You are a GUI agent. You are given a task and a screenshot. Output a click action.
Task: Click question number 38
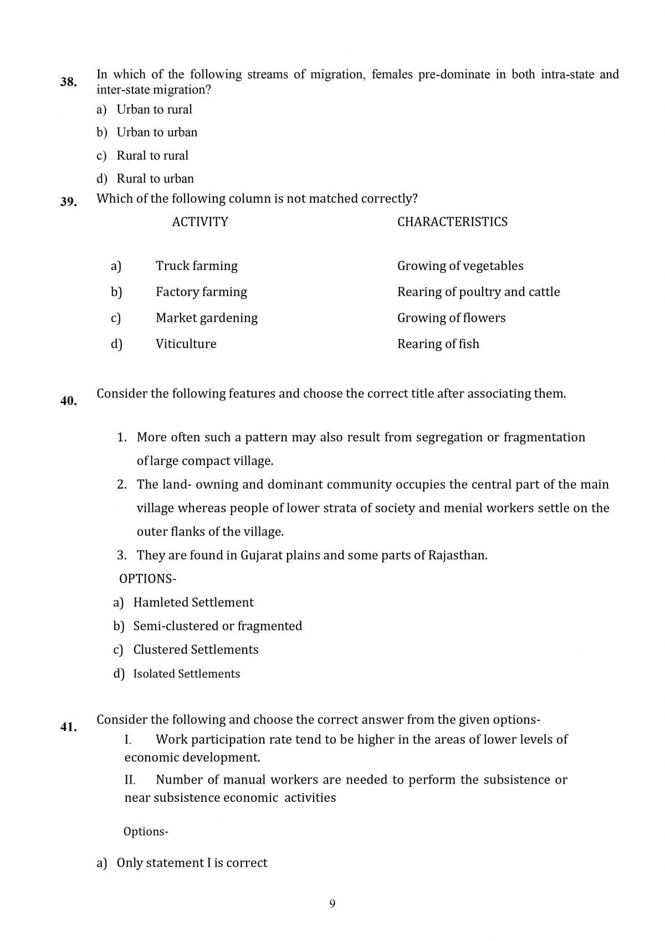pos(68,82)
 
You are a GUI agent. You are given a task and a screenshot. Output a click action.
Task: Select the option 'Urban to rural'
pos(154,109)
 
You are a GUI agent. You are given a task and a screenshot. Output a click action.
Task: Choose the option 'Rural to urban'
pos(155,179)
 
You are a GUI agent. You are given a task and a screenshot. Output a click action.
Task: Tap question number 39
pos(68,202)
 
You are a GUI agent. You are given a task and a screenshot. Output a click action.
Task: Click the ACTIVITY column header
pos(200,222)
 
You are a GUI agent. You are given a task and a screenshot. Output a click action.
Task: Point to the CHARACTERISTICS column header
pos(452,222)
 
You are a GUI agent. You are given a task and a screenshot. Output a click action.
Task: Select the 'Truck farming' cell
pos(197,266)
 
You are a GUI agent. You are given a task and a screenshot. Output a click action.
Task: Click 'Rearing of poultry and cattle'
pos(478,292)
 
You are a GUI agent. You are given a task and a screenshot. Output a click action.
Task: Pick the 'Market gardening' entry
pos(207,318)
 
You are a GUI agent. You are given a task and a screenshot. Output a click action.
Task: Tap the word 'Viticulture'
pos(186,344)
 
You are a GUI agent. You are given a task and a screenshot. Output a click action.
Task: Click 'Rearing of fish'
pos(438,344)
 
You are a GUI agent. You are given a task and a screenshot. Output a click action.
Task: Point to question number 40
pos(68,401)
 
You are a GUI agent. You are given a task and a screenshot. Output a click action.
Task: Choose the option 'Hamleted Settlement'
pos(193,602)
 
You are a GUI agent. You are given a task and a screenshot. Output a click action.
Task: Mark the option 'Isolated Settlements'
pos(187,674)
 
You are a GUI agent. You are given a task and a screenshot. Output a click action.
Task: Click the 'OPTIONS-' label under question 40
pos(147,579)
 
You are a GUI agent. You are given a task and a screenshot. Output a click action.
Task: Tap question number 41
pos(68,727)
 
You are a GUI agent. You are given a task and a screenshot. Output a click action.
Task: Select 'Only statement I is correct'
pos(192,863)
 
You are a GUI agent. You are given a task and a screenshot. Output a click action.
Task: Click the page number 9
pos(332,904)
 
